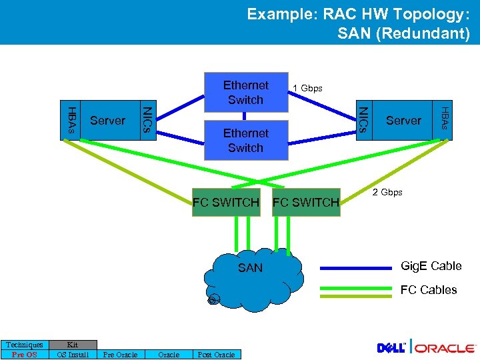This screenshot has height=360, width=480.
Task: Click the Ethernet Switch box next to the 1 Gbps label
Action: (245, 92)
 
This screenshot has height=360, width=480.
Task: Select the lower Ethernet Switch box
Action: (245, 140)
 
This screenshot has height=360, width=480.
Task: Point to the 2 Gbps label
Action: (387, 192)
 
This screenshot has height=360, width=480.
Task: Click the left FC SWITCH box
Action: (225, 202)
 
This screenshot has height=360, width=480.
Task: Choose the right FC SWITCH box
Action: (306, 202)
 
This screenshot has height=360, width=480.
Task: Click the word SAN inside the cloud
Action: (251, 268)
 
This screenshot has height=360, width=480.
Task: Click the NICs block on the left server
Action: (148, 120)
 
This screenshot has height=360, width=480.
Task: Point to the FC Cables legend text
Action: (428, 290)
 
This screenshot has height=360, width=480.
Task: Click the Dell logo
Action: (392, 348)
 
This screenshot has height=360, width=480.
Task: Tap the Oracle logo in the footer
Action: (445, 348)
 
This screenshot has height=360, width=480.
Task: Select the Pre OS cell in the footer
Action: (25, 355)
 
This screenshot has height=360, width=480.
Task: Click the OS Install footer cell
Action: (73, 355)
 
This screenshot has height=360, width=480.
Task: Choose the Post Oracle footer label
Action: (216, 355)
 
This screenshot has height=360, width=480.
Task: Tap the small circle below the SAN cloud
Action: (212, 301)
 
